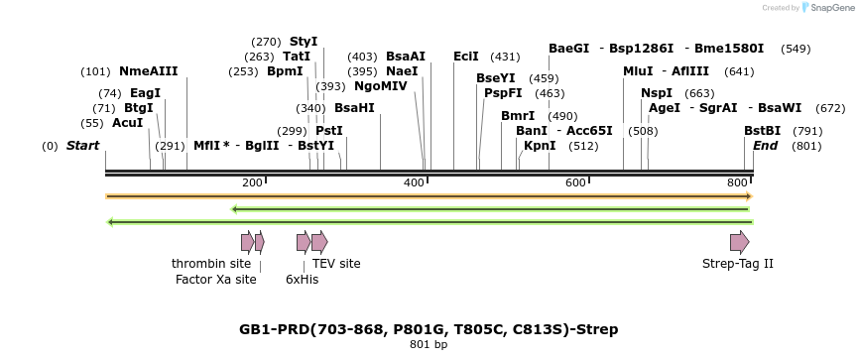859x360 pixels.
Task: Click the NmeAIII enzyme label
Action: [x=149, y=71]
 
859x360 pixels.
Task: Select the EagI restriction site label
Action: [x=145, y=92]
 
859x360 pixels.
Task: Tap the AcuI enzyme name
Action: [x=127, y=123]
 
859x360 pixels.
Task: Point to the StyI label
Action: [x=304, y=42]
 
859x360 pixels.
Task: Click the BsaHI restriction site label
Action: [x=354, y=108]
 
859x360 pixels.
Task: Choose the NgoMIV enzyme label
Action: [x=381, y=86]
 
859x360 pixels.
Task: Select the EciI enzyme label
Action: [x=466, y=57]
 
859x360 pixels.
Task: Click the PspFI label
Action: [x=503, y=93]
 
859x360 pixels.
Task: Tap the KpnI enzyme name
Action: [x=540, y=146]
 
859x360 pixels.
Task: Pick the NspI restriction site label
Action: [x=657, y=93]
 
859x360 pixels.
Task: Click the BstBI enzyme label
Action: [x=762, y=131]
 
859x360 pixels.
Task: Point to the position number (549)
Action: [x=796, y=49]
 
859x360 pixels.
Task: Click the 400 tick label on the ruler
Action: [x=415, y=182]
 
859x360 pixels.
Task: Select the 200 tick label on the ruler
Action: [x=252, y=182]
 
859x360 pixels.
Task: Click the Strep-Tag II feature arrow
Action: [x=739, y=242]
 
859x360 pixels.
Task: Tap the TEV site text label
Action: [x=336, y=264]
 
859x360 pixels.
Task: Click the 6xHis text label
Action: [x=302, y=280]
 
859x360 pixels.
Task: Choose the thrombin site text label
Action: [x=211, y=264]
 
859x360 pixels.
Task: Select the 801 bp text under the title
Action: [x=429, y=345]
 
